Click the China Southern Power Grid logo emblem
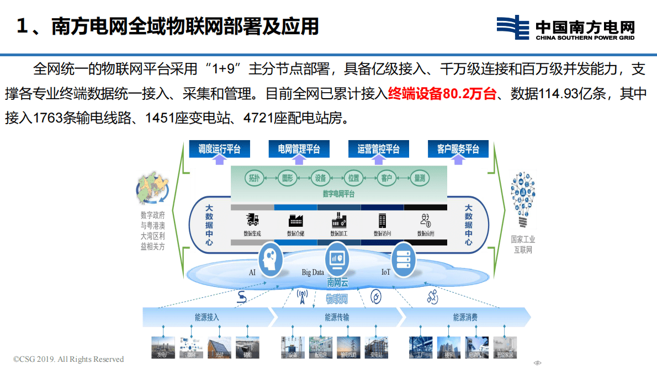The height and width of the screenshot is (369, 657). [513, 28]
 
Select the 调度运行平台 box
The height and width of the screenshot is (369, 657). [219, 149]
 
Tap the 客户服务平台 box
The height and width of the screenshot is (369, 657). [458, 149]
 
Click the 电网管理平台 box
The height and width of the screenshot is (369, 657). [299, 149]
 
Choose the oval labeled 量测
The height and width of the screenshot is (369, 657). [419, 178]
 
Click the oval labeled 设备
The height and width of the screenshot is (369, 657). [320, 178]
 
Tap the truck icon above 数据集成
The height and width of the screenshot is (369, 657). [253, 220]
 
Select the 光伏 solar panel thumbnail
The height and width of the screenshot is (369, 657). [219, 348]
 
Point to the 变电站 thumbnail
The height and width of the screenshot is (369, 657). [377, 348]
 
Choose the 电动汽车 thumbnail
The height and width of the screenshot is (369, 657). [476, 348]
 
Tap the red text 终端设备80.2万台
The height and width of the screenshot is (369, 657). [442, 94]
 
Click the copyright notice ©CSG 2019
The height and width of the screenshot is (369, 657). [68, 359]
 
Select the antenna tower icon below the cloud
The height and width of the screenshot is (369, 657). [302, 297]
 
